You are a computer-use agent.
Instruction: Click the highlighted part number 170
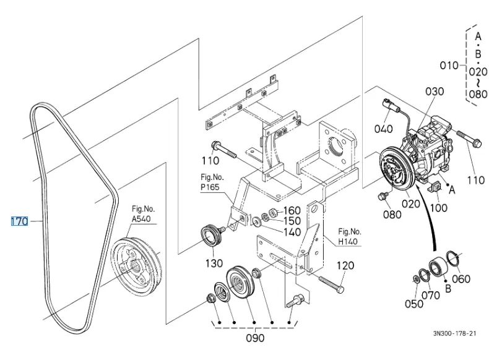19,221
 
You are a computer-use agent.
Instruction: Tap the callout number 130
214,264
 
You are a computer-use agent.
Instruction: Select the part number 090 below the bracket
255,338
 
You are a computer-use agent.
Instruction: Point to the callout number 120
345,265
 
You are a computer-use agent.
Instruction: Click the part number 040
384,129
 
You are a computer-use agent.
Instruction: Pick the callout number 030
435,92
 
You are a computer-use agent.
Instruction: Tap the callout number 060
461,278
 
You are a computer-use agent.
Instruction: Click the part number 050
414,304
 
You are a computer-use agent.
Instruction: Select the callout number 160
292,211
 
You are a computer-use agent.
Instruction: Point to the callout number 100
438,208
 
